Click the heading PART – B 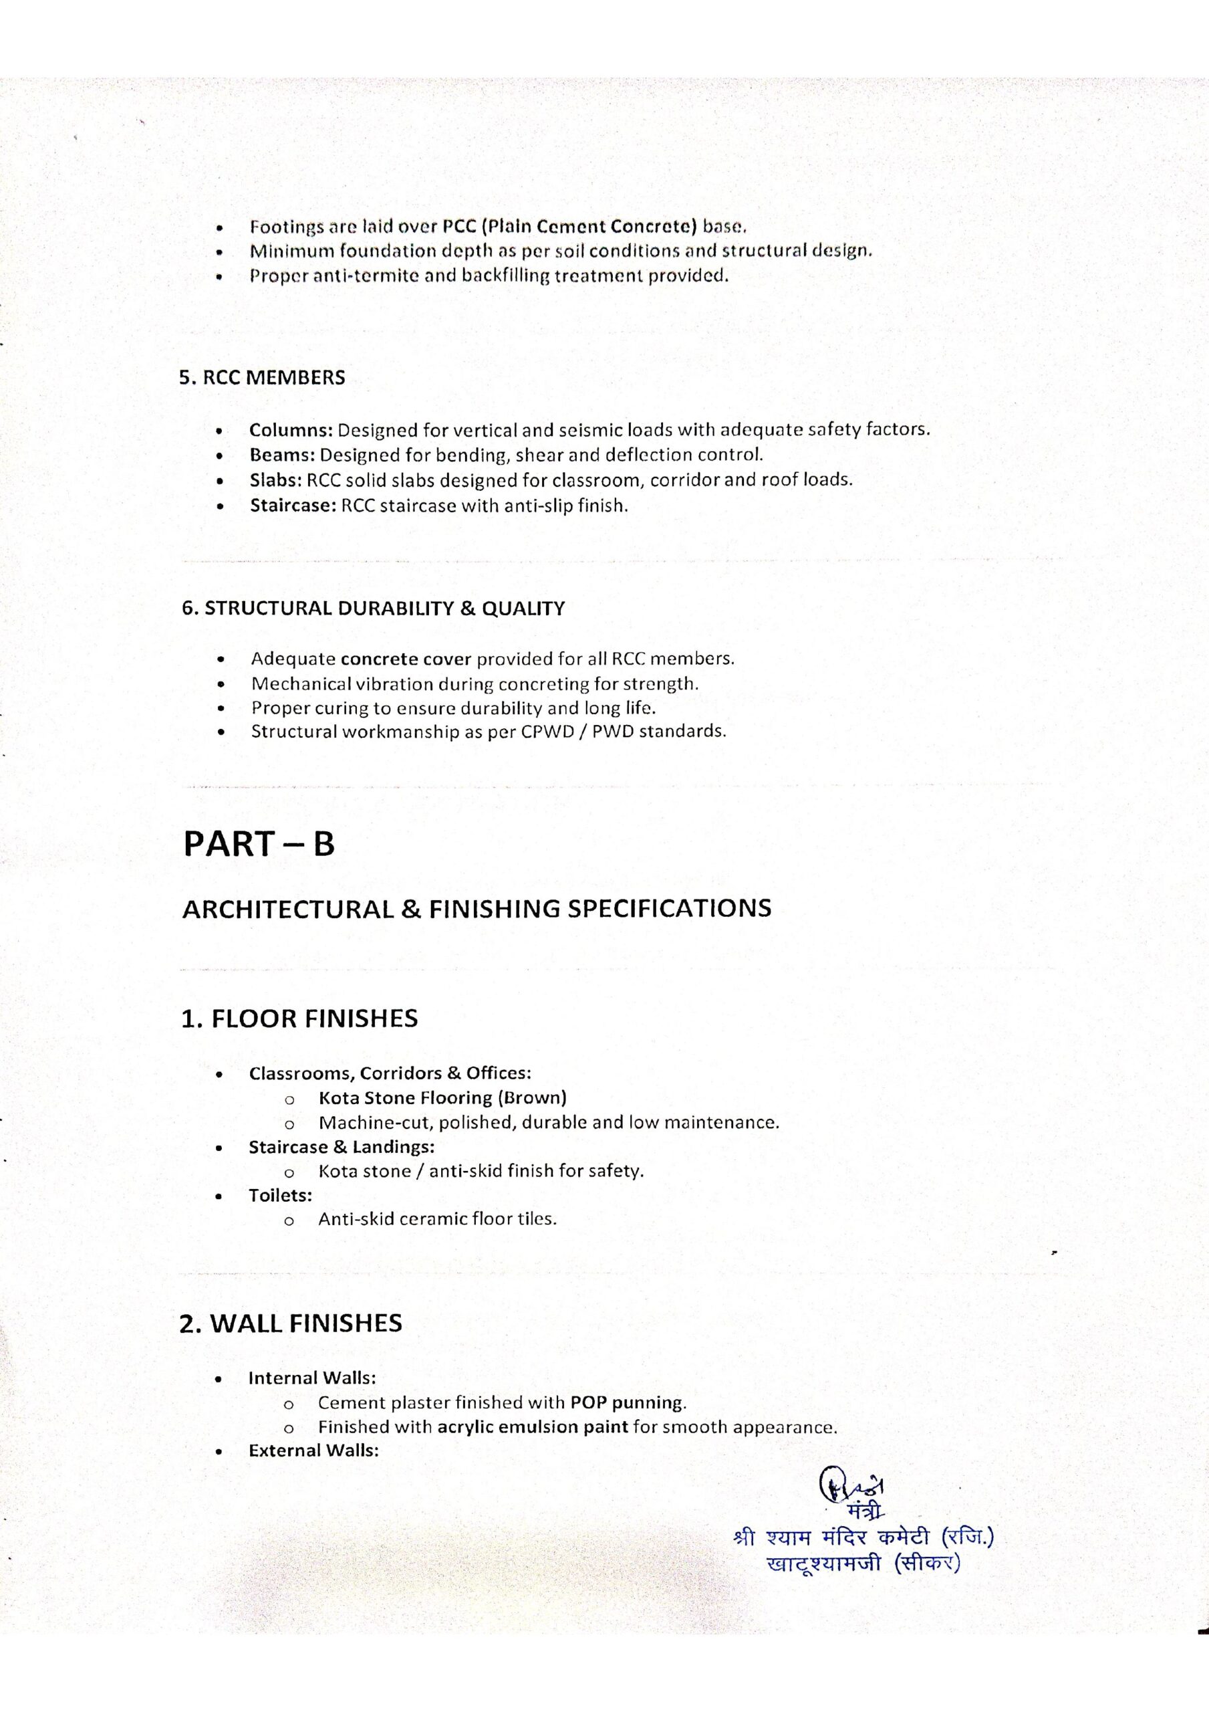pos(259,844)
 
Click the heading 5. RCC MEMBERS pos(261,377)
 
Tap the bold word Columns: pos(291,430)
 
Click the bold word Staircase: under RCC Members pos(293,506)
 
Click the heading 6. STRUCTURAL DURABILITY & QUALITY pos(373,609)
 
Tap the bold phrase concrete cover pos(406,659)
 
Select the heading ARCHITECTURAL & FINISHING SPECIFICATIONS pos(477,909)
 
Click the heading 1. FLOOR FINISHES pos(299,1019)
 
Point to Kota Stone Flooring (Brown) pos(442,1097)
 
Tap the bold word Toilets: pos(280,1195)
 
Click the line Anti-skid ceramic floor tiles pos(438,1219)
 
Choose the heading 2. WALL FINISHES pos(291,1323)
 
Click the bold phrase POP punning pos(627,1402)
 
